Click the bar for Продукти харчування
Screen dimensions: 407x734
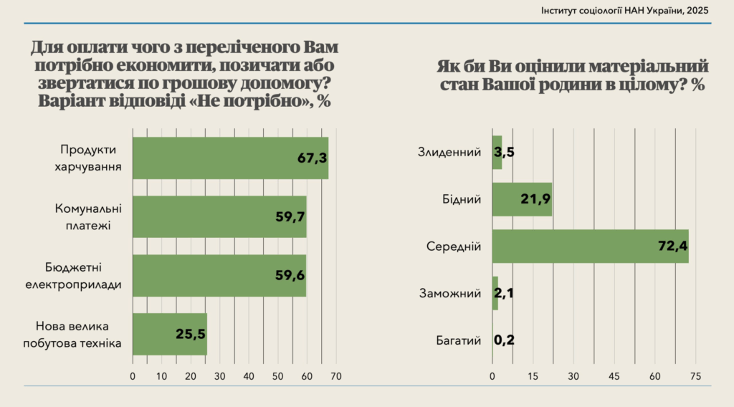[x=229, y=158]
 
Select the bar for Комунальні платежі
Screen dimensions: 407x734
[x=219, y=216]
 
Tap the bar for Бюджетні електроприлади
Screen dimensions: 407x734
[x=219, y=275]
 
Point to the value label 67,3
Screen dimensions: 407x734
[x=313, y=158]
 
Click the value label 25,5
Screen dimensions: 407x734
[x=191, y=334]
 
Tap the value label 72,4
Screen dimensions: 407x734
[x=672, y=246]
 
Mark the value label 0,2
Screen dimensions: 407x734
[x=505, y=340]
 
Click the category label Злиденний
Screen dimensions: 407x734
[x=449, y=152]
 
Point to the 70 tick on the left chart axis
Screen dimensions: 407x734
[x=336, y=376]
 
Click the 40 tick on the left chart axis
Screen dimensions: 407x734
[x=249, y=376]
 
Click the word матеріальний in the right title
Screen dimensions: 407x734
[x=643, y=67]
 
